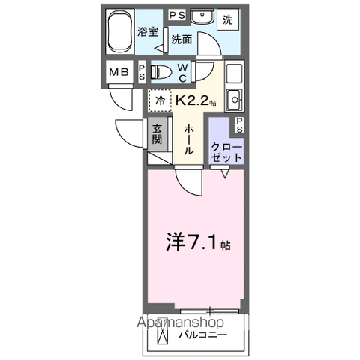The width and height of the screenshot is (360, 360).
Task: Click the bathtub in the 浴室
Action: click(x=120, y=31)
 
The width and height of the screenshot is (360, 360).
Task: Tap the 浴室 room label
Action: click(x=148, y=31)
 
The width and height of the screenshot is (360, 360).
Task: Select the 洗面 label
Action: click(x=181, y=40)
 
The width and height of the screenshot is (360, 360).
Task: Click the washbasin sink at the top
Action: click(x=202, y=16)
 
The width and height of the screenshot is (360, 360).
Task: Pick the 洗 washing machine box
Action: click(x=228, y=19)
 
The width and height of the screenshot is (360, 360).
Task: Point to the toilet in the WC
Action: click(x=161, y=72)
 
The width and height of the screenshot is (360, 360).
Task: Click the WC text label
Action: click(x=183, y=73)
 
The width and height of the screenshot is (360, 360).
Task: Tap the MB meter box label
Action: click(x=119, y=72)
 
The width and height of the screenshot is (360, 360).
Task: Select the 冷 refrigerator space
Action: click(x=160, y=100)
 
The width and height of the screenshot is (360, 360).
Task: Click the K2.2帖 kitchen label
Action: click(x=196, y=100)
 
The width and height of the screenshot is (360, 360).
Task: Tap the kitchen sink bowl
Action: click(x=235, y=100)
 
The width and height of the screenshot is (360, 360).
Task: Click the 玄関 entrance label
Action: click(x=157, y=134)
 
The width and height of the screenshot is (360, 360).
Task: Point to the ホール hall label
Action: click(x=189, y=140)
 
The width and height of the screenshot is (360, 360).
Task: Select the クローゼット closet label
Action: click(x=226, y=152)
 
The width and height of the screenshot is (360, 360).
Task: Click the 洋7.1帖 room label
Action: click(x=198, y=242)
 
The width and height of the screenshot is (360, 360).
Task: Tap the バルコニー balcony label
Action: click(x=203, y=334)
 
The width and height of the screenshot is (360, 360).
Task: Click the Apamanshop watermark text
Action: click(x=180, y=322)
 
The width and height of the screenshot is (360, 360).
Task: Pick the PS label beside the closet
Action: click(x=239, y=125)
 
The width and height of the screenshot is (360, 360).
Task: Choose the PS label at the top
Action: click(x=178, y=15)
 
